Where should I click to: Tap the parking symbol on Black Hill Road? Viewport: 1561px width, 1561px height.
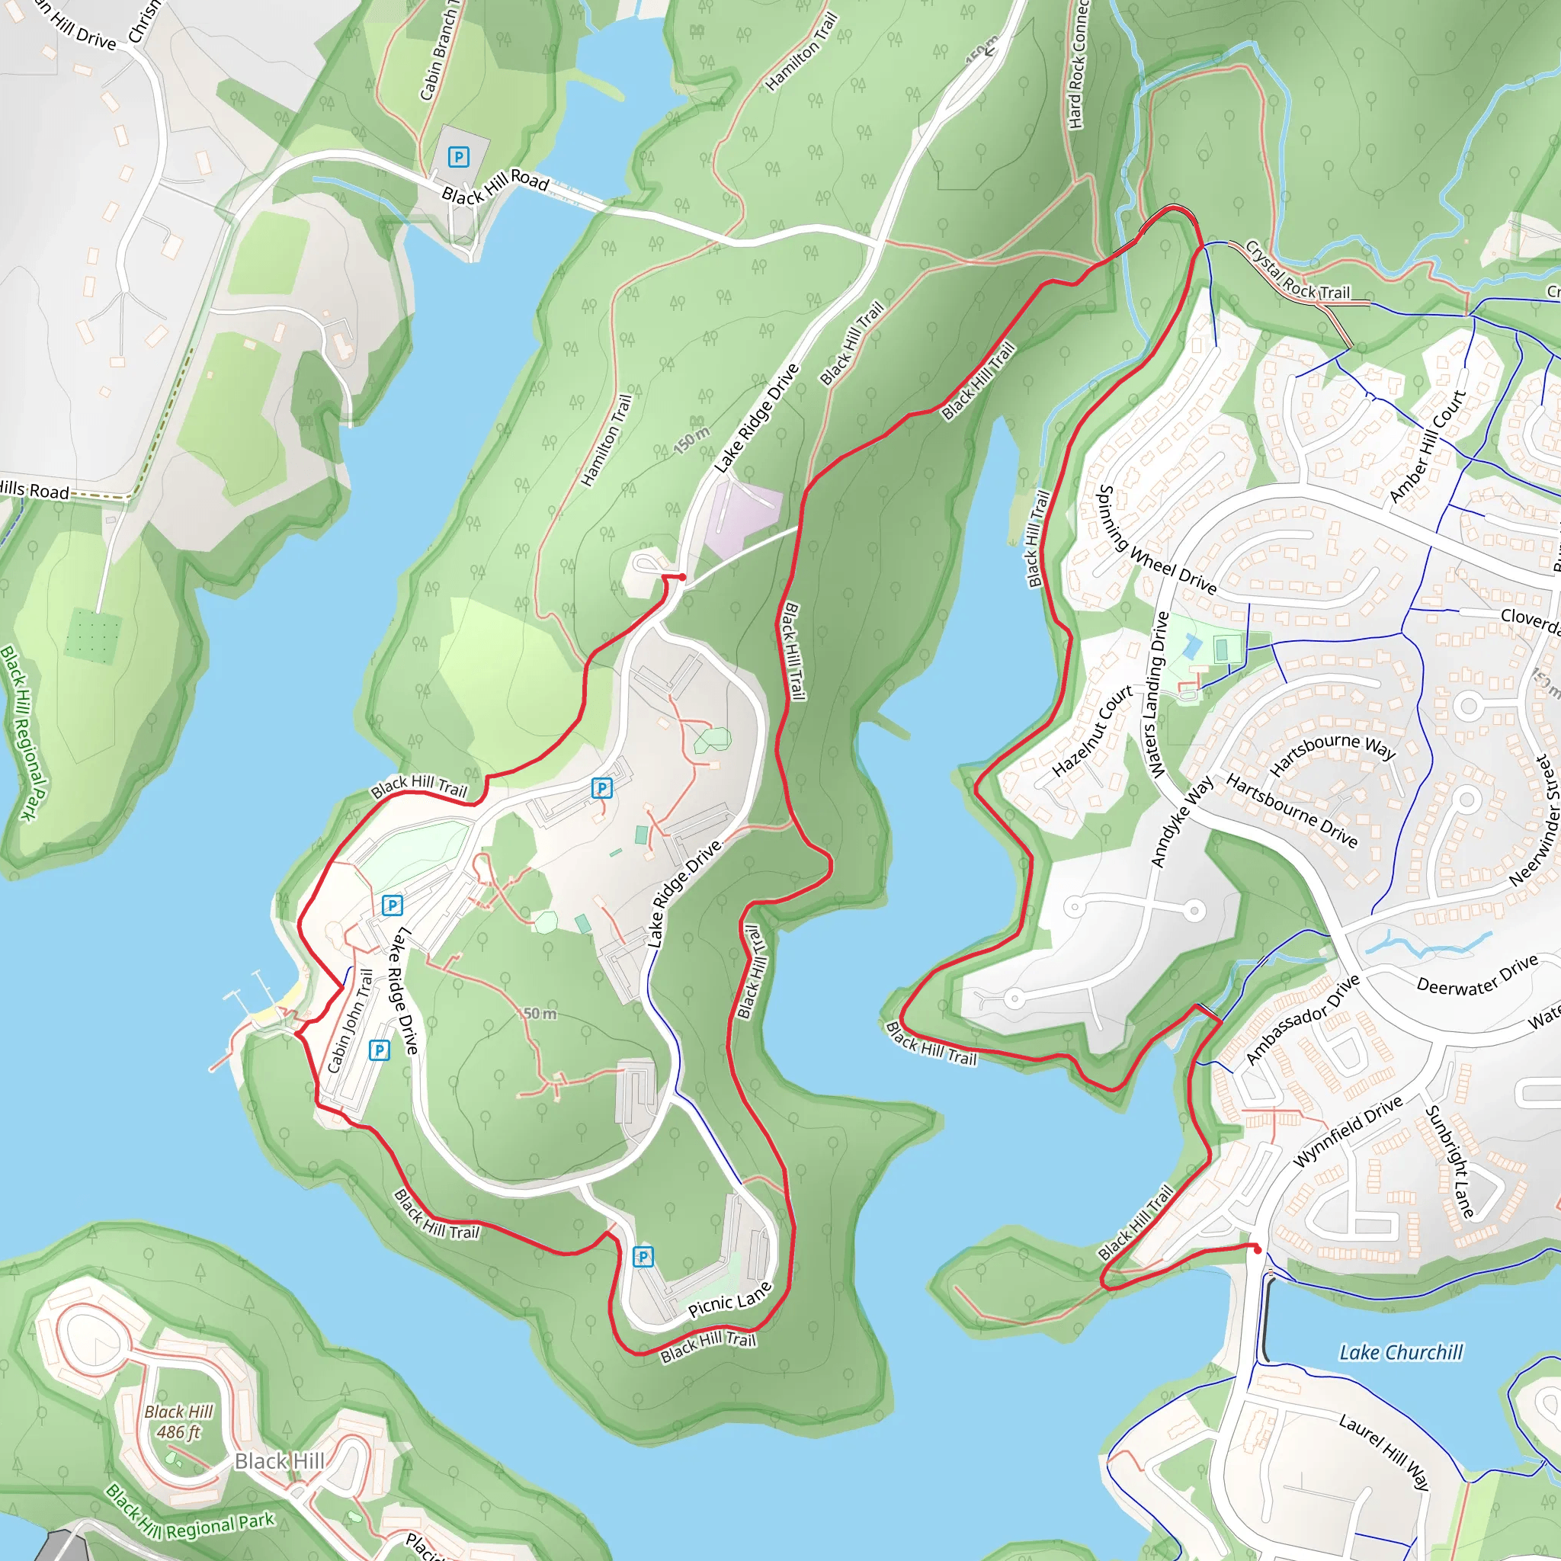pyautogui.click(x=459, y=157)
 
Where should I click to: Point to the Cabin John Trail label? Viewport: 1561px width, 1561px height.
pyautogui.click(x=351, y=1021)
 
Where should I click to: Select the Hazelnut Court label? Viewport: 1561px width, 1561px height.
pyautogui.click(x=1092, y=731)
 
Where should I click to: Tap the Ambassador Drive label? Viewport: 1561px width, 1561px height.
pyautogui.click(x=1303, y=1020)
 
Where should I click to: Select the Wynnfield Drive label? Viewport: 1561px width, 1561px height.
pyautogui.click(x=1348, y=1131)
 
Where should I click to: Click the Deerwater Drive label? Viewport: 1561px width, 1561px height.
pyautogui.click(x=1477, y=974)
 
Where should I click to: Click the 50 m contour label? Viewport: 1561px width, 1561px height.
pyautogui.click(x=540, y=1013)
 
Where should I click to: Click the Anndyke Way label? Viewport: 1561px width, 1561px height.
pyautogui.click(x=1181, y=822)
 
